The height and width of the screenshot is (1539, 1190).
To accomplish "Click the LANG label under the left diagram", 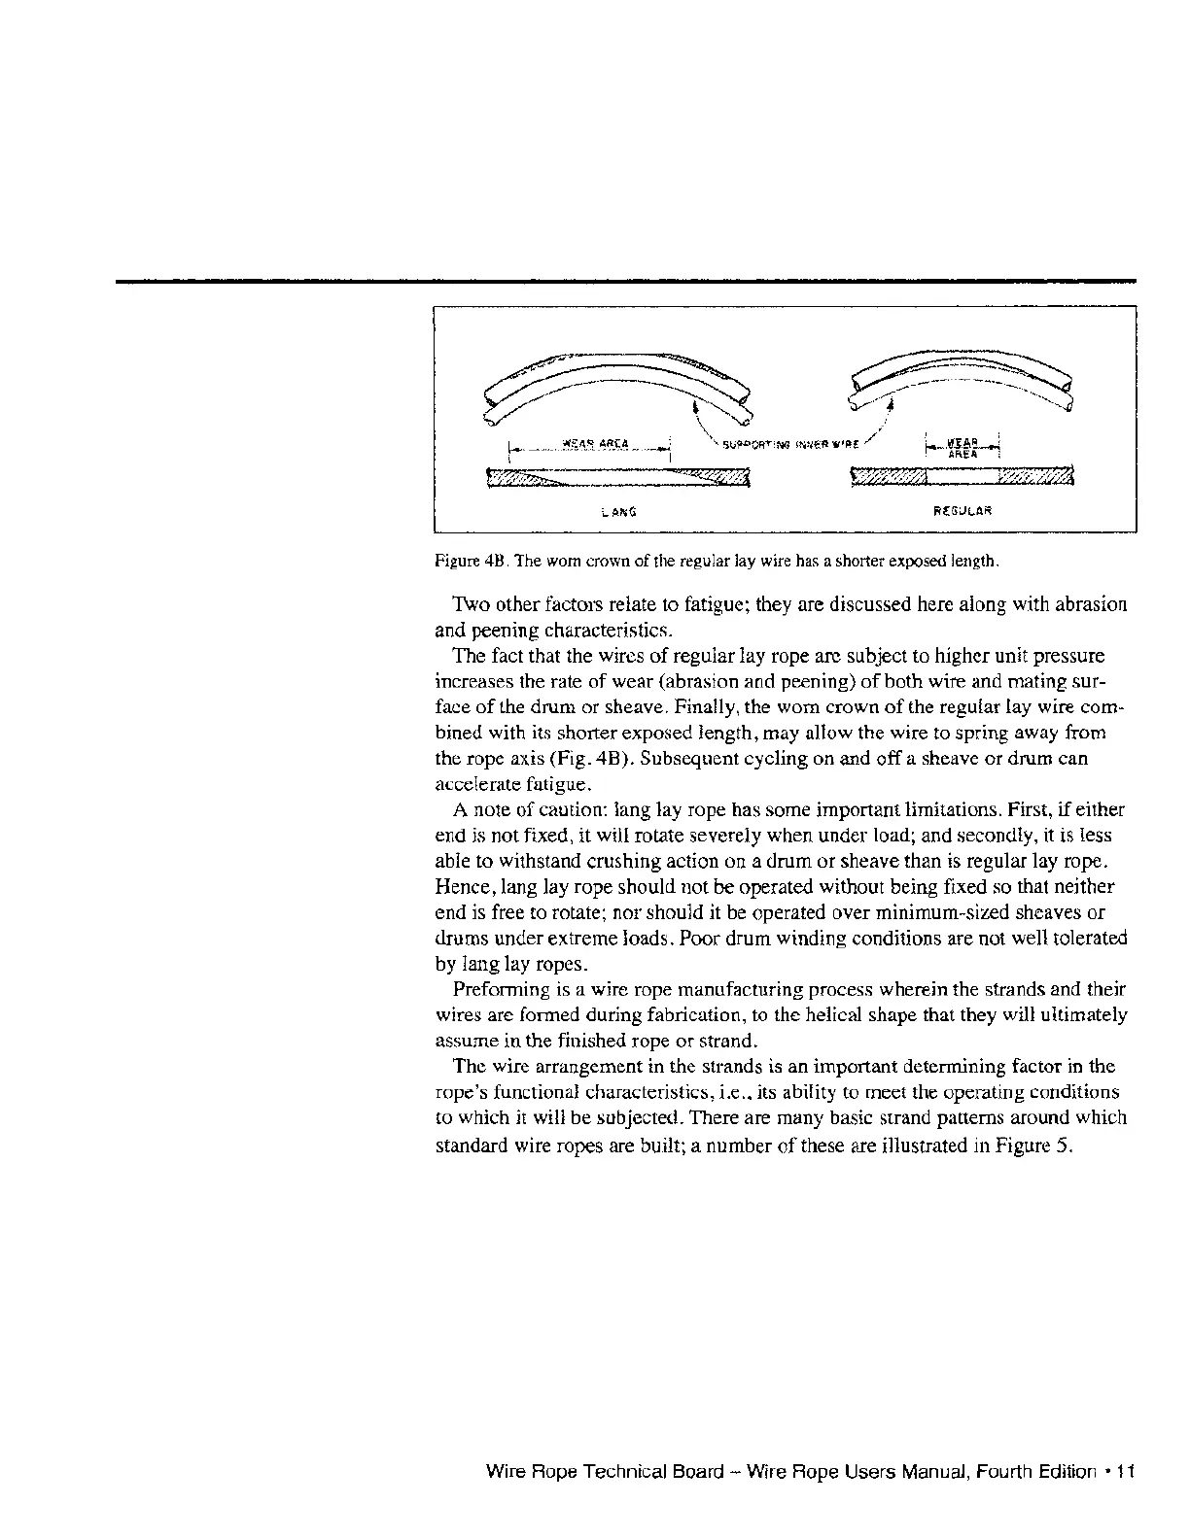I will click(618, 510).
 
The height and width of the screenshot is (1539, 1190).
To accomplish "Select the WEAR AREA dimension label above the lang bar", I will click(590, 445).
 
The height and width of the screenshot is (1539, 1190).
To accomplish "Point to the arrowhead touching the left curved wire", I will click(697, 409).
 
